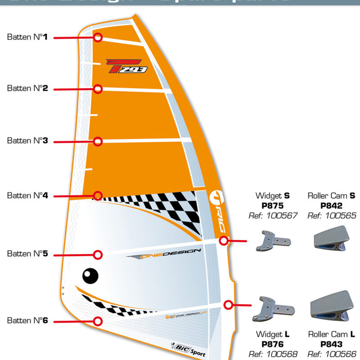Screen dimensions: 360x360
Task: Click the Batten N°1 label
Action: tap(27, 37)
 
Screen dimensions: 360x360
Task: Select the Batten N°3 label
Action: tap(27, 141)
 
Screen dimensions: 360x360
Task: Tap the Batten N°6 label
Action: tap(27, 320)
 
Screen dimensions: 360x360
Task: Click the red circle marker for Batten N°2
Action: tap(98, 89)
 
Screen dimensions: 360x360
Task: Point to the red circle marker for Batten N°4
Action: tap(98, 195)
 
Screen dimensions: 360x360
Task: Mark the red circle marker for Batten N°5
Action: tap(98, 254)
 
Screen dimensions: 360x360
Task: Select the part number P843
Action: tap(332, 344)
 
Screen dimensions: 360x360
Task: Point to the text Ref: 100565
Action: tap(332, 216)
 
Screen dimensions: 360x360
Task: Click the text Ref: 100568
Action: tap(273, 354)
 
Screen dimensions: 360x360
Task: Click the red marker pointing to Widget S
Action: tap(223, 241)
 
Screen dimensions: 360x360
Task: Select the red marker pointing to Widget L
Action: tap(228, 305)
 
